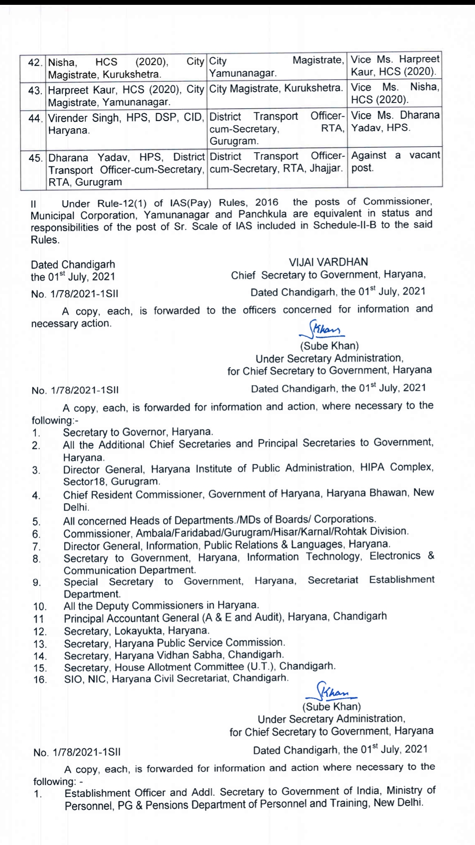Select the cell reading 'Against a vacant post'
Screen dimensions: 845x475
pyautogui.click(x=395, y=162)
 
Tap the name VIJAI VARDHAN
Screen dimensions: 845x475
pyautogui.click(x=328, y=262)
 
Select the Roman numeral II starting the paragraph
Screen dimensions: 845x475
pyautogui.click(x=33, y=204)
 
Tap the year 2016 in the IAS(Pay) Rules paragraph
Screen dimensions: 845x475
pyautogui.click(x=267, y=202)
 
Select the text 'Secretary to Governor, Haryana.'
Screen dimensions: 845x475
pyautogui.click(x=138, y=432)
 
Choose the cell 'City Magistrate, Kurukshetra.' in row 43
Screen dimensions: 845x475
pyautogui.click(x=276, y=88)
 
